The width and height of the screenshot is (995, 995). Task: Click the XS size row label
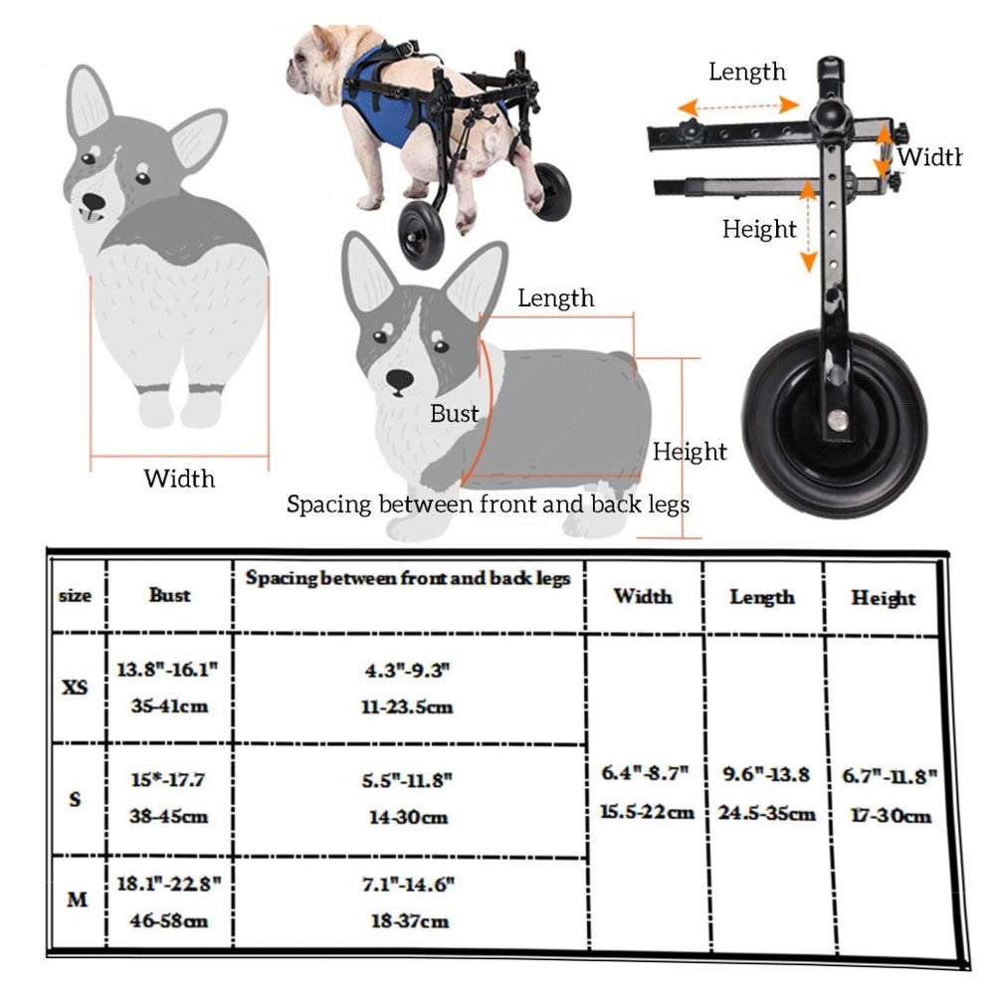tap(75, 688)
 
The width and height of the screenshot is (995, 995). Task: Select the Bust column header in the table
tap(169, 595)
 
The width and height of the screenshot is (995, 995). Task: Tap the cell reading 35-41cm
tap(169, 705)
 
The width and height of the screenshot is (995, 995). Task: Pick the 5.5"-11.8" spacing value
tap(407, 780)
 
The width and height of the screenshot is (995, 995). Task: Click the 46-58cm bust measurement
tap(169, 920)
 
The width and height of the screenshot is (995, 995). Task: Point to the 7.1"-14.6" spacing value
tap(409, 884)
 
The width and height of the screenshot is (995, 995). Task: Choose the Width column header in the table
tap(643, 596)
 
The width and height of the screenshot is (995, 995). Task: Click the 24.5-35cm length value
tap(766, 813)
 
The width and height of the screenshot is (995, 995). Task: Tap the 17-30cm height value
tap(891, 815)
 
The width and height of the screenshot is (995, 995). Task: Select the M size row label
tap(77, 899)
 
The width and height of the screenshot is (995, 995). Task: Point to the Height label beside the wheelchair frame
tap(759, 229)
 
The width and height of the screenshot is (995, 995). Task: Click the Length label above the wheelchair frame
tap(747, 72)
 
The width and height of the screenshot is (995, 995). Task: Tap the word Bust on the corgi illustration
tap(455, 414)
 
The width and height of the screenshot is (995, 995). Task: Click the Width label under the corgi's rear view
tap(179, 479)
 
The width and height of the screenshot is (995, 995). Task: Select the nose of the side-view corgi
tap(400, 380)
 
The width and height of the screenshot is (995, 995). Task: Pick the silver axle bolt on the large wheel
tap(838, 420)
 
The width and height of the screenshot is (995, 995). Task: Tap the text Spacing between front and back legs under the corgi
tap(488, 504)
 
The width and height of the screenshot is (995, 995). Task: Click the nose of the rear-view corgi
tap(94, 202)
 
